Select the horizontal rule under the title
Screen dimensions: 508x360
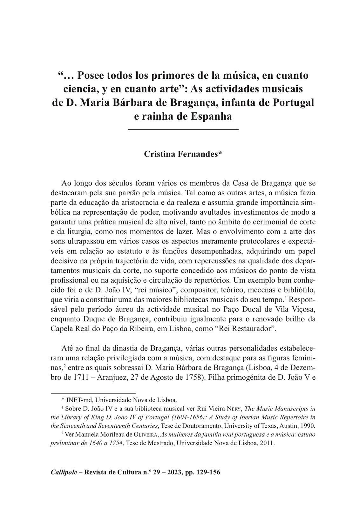pyautogui.click(x=183, y=130)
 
